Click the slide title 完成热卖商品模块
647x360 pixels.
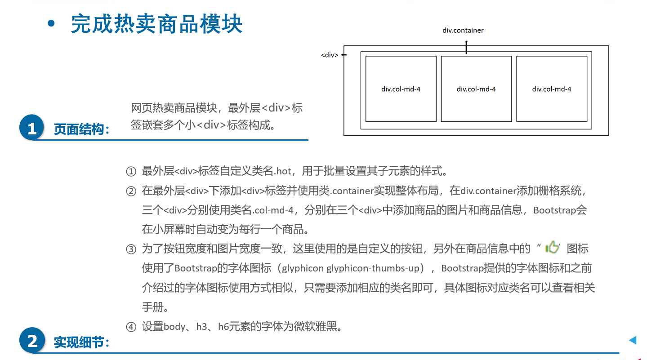click(x=156, y=24)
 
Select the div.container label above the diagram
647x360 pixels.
click(x=463, y=31)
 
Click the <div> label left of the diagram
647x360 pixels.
click(x=330, y=55)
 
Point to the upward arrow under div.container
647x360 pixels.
click(x=466, y=47)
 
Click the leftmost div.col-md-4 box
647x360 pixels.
click(x=401, y=89)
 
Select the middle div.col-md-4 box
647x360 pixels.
click(x=476, y=89)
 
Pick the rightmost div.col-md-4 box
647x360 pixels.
click(x=552, y=89)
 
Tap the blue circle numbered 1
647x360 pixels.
click(x=32, y=129)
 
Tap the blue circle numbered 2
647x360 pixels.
click(x=32, y=341)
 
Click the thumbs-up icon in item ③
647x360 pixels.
click(x=552, y=247)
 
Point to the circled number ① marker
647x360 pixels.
click(x=131, y=171)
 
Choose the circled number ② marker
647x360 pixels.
click(x=131, y=191)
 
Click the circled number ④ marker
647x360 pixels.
click(x=131, y=327)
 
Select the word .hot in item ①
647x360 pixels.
click(x=283, y=171)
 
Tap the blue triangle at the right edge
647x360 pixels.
click(x=633, y=340)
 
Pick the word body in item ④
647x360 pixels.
click(x=174, y=327)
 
